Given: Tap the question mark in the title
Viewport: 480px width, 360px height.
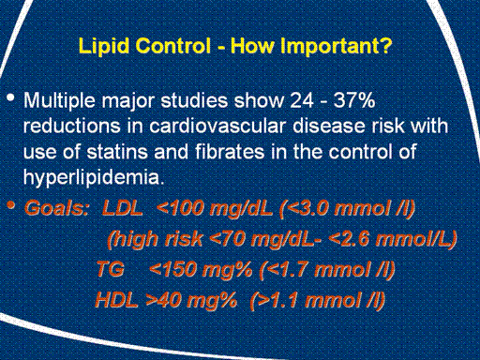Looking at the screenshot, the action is pyautogui.click(x=386, y=45).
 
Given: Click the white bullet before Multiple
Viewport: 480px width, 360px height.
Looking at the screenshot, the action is pyautogui.click(x=10, y=97).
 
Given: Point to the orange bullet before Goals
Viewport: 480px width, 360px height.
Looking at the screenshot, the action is pyautogui.click(x=10, y=205).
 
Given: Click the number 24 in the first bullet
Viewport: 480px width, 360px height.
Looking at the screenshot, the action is pyautogui.click(x=302, y=100).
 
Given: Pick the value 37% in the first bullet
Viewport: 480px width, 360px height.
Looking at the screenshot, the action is pyautogui.click(x=354, y=100).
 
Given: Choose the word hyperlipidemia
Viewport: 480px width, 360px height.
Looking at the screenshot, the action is pyautogui.click(x=94, y=178).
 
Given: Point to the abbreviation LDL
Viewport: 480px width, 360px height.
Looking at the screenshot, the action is pyautogui.click(x=123, y=208).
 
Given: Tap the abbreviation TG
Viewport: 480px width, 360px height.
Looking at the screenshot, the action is pyautogui.click(x=111, y=269).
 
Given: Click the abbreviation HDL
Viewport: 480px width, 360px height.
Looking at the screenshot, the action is pyautogui.click(x=116, y=300).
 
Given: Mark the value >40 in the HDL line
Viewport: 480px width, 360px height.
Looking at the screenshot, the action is pyautogui.click(x=164, y=300).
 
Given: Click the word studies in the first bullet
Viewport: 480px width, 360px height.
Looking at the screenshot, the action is pyautogui.click(x=194, y=100).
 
